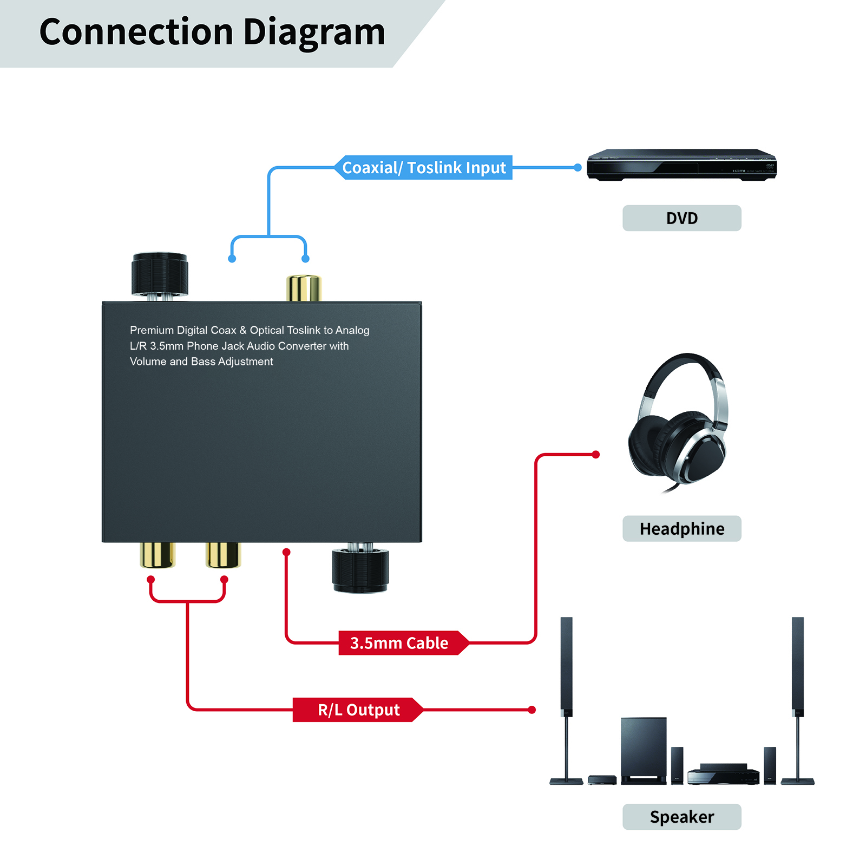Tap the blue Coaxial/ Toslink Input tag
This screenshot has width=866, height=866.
(424, 168)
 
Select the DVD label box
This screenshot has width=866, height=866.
(681, 218)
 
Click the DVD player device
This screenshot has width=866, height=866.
(681, 165)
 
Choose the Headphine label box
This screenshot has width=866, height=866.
(681, 529)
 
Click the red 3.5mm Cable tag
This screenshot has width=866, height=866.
(399, 643)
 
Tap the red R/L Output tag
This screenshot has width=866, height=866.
(358, 710)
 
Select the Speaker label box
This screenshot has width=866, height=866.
(681, 817)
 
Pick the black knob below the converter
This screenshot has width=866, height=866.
(360, 570)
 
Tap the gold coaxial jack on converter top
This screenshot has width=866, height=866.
(304, 287)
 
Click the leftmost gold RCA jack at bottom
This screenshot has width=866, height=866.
(158, 555)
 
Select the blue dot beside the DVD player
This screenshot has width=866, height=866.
(578, 168)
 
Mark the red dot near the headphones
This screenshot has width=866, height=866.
(596, 455)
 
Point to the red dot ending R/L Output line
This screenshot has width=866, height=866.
(532, 710)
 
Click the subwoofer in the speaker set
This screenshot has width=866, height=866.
(643, 750)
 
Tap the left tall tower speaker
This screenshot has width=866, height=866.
(566, 698)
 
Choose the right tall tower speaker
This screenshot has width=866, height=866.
(797, 698)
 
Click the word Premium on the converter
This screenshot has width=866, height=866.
(152, 330)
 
